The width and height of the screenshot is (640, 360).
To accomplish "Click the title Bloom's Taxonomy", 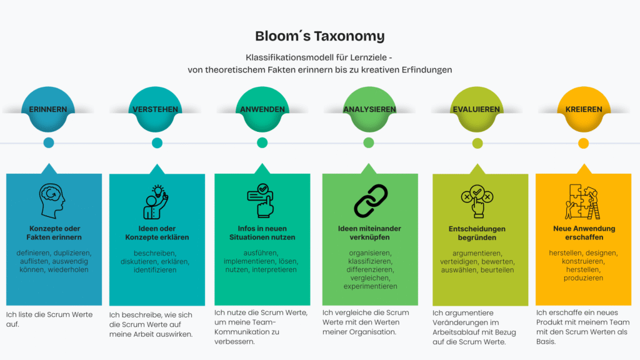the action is coord(319,36).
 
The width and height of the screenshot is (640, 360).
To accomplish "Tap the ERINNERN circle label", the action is coord(47,109).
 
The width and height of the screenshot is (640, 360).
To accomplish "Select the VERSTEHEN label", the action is coord(155,109).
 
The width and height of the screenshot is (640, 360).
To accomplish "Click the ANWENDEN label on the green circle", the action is coord(262,109).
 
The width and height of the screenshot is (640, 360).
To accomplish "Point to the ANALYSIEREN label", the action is coord(369,109).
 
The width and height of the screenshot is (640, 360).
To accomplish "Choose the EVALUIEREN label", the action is coord(476,109).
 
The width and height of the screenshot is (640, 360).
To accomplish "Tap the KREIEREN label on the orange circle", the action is coord(584,109).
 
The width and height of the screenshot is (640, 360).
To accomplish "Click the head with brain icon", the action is coord(52,201).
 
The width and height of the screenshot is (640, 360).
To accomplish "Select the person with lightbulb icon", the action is coord(156,202).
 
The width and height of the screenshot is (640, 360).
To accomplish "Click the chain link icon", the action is coord(371,201).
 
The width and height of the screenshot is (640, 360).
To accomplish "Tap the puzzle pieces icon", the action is coord(582,202).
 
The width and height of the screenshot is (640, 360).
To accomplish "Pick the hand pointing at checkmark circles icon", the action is coord(477,201).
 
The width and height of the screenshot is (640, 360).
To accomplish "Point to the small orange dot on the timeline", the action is coord(583,143).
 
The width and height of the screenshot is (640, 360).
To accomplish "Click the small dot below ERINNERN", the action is coord(49,142).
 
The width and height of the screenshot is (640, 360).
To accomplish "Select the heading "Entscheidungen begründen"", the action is coord(477,233).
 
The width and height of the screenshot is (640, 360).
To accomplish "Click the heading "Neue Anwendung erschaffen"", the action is coord(584,232).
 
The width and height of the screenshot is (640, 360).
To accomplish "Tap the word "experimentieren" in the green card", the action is coord(370,286).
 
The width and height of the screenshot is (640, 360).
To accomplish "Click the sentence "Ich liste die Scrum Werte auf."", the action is coord(49,319).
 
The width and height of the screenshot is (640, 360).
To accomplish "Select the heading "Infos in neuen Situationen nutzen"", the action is coord(262,232).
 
